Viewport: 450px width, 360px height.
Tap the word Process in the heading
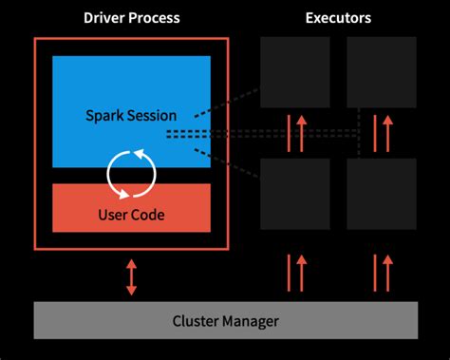pyautogui.click(x=153, y=18)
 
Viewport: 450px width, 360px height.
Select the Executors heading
pyautogui.click(x=338, y=18)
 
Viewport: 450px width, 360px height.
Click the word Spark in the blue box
pyautogui.click(x=104, y=116)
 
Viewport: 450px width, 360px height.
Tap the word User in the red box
pyautogui.click(x=113, y=215)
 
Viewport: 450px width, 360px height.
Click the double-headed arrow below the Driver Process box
pyautogui.click(x=131, y=275)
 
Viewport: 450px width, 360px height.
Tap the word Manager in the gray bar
pyautogui.click(x=250, y=321)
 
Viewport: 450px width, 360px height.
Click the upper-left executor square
pyautogui.click(x=294, y=72)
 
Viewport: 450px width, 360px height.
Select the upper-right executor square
pyautogui.click(x=382, y=72)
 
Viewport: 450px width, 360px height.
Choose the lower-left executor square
pyautogui.click(x=294, y=194)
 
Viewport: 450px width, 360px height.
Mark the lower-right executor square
pyautogui.click(x=382, y=194)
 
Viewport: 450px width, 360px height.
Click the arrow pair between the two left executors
pyautogui.click(x=294, y=133)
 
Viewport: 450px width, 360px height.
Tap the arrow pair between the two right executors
pyautogui.click(x=382, y=133)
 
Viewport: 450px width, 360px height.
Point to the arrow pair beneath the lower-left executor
pyautogui.click(x=294, y=272)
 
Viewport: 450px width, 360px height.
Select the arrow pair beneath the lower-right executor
pyautogui.click(x=382, y=272)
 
